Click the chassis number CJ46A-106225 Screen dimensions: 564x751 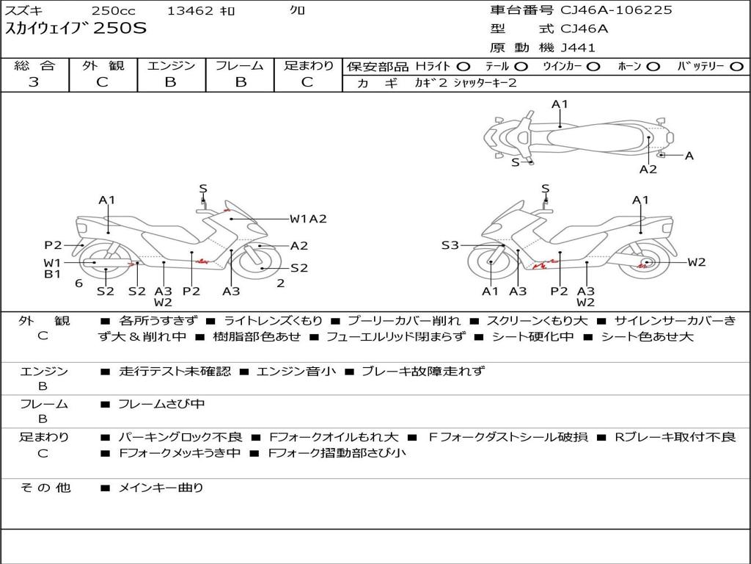pos(616,10)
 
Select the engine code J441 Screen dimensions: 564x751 pos(578,48)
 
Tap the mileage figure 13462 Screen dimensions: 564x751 pos(190,10)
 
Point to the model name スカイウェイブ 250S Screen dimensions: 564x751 pos(76,29)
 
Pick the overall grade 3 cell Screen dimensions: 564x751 pos(34,82)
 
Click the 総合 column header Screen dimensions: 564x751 pos(34,65)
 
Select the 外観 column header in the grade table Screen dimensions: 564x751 pos(103,65)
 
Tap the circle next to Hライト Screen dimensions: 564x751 pos(464,66)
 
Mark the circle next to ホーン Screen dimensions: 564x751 pos(653,66)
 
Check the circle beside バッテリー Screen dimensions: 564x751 pos(736,66)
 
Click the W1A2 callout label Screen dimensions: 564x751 pos(307,218)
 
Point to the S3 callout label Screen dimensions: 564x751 pos(450,245)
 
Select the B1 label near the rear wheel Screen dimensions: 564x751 pos(52,274)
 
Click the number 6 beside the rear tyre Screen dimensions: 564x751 pos(78,283)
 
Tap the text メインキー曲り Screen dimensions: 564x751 pos(161,487)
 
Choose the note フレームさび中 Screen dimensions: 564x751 pos(161,404)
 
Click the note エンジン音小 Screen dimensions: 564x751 pos(296,372)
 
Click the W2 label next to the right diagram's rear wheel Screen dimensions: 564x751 pos(696,262)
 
